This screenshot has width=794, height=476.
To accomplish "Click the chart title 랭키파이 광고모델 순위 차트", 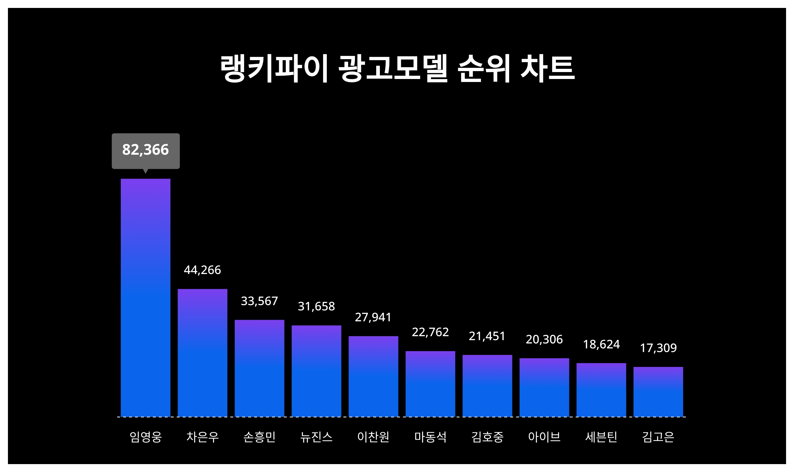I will point(397,68).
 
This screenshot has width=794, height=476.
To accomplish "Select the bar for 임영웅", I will point(146,297).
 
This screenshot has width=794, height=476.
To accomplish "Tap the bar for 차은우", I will point(202,353).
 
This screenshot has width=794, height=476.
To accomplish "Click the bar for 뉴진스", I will point(316,371).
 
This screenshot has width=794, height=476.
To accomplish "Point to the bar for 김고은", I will point(658,392).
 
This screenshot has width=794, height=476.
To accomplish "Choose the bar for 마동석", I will point(430,384).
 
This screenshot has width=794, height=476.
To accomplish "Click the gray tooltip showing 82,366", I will point(146,150).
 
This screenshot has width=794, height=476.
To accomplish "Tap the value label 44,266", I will point(202,270).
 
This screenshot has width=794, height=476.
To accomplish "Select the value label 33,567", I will point(259,301).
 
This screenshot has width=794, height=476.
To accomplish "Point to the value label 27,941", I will point(373,317).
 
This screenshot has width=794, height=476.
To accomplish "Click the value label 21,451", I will point(487,336).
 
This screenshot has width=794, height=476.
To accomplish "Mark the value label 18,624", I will point(601,344).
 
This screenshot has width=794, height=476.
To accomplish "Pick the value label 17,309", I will point(658,348).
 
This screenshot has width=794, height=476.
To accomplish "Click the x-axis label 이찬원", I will point(373,437).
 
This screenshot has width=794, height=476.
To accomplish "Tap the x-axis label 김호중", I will point(487,437).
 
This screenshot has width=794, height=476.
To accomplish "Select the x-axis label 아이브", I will point(544,437).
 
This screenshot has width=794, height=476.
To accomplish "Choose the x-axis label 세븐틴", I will point(601,437).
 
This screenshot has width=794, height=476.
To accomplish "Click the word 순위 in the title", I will point(484,68).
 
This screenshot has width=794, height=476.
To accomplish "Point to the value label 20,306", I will point(544,339).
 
